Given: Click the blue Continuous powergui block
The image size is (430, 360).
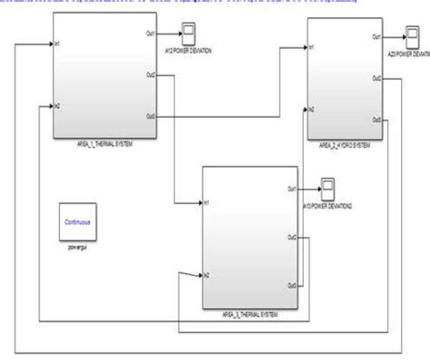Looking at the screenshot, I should pos(78,222).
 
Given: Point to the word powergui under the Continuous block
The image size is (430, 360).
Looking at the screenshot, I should pos(78,245).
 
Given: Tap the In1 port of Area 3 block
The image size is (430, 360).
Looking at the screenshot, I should pos(208,201).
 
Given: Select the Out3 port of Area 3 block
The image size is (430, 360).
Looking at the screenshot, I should pos(291,285).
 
